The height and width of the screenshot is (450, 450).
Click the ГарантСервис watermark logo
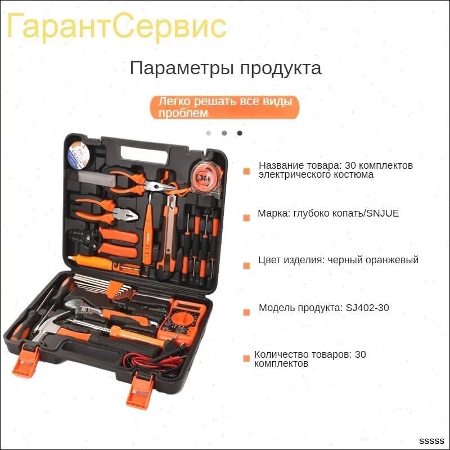[117, 27]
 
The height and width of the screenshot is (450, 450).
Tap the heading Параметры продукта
[226, 69]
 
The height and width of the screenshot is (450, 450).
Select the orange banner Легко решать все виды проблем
[224, 107]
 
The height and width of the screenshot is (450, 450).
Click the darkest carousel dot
[240, 133]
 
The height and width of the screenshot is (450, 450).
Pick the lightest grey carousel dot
[209, 133]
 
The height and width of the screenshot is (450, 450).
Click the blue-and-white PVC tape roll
[79, 155]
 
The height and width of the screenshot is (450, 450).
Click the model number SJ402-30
[367, 308]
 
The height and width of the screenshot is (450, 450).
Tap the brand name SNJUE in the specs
[383, 213]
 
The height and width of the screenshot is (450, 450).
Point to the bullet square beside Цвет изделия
[246, 265]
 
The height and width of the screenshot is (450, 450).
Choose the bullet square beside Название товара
[246, 172]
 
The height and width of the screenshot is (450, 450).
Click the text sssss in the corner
[431, 441]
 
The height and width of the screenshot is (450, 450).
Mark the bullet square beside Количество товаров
[246, 358]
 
